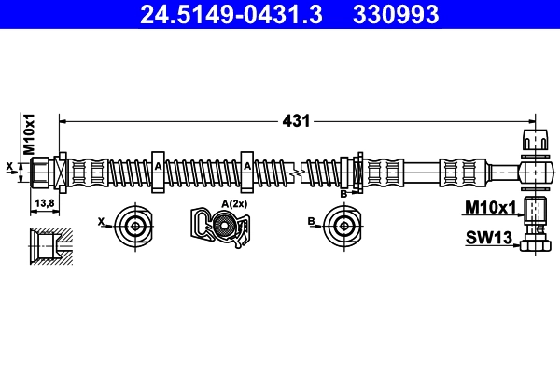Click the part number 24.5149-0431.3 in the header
pos(231,14)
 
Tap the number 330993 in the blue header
pos(396,14)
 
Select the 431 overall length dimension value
pos(296,121)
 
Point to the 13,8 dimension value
pos(45,203)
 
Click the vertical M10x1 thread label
pos(29,134)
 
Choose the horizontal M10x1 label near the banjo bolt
pos(490,207)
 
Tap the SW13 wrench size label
pos(489,238)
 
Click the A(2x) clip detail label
pos(234,204)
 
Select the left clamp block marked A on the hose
pos(158,172)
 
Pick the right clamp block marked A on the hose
pos(247,172)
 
